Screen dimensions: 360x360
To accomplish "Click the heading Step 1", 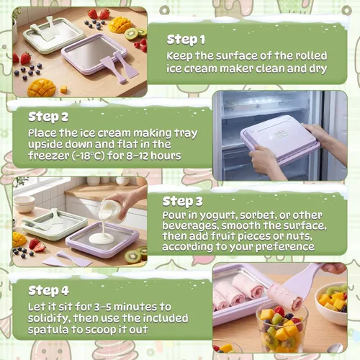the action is tap(186, 40).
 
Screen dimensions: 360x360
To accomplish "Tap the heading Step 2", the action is tap(48, 117).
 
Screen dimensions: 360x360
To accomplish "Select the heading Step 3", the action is tap(183, 202).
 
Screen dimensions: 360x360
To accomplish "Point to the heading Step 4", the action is tap(49, 291).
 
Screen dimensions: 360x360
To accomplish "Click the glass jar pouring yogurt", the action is tap(109, 212).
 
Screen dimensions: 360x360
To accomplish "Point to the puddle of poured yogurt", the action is tap(102, 238).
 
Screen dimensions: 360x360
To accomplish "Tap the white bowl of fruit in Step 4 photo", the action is tap(332, 303).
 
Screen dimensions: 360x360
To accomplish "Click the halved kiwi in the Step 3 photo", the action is tap(133, 256).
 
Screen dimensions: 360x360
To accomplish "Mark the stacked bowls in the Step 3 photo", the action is tap(24, 204).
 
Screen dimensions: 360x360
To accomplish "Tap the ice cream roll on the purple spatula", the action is tap(285, 297).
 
